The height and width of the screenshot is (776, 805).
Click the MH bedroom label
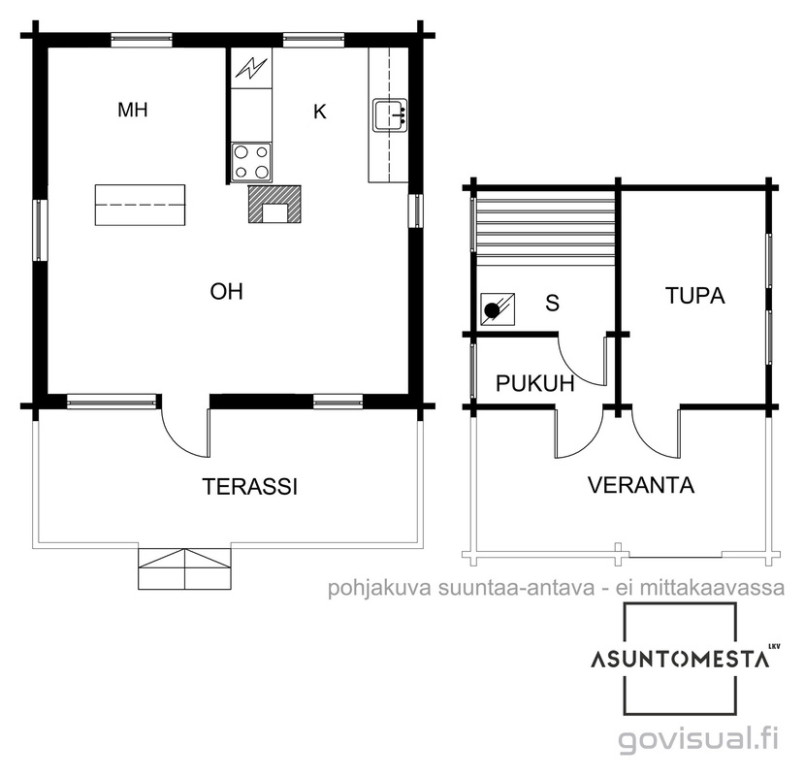(x=133, y=110)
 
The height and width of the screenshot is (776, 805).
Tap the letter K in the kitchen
(x=320, y=112)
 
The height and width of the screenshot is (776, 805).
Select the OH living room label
(x=226, y=291)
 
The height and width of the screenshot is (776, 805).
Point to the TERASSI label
(x=250, y=486)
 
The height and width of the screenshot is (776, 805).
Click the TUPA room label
(x=695, y=296)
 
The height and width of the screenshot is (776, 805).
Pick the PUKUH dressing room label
(x=535, y=383)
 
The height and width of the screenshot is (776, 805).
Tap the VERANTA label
(x=641, y=485)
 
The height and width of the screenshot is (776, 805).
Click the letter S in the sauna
(x=553, y=303)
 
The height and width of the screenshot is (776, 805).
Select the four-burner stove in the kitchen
(x=251, y=162)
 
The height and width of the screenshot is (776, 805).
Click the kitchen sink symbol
(x=389, y=115)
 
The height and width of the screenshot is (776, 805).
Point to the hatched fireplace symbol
(x=274, y=204)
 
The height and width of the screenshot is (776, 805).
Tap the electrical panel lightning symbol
(x=251, y=68)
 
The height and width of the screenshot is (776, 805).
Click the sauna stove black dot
(x=493, y=309)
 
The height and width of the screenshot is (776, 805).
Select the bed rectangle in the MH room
(x=141, y=205)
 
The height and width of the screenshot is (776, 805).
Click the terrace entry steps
(x=184, y=568)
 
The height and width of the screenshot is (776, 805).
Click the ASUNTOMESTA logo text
(x=680, y=660)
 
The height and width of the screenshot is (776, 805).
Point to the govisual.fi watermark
(x=698, y=740)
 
